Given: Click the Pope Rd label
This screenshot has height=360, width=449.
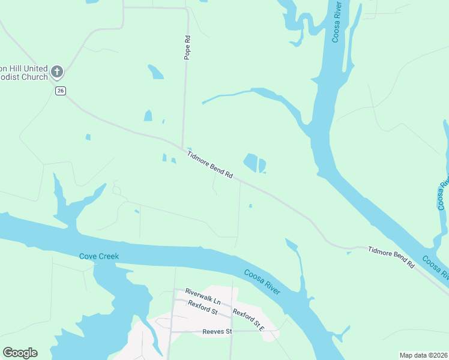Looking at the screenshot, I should click(187, 47).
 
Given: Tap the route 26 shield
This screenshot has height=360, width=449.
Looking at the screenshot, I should click(60, 91).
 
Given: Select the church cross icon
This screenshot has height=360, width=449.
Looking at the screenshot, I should click(57, 73).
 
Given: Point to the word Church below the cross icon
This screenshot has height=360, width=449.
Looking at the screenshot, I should click(32, 77).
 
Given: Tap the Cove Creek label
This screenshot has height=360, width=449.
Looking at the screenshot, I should click(99, 257).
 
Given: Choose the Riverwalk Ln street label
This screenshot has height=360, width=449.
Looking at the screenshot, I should click(203, 292).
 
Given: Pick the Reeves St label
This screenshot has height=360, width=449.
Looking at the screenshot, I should click(217, 331).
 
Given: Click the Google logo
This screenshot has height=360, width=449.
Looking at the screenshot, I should click(20, 353).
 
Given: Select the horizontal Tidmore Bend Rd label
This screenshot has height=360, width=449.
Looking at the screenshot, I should click(391, 256).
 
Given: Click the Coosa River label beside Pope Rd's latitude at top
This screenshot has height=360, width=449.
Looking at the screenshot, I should click(337, 22).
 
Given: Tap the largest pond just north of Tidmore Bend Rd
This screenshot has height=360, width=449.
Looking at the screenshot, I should click(250, 162).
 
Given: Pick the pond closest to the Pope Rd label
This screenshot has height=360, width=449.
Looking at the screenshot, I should click(155, 72).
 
